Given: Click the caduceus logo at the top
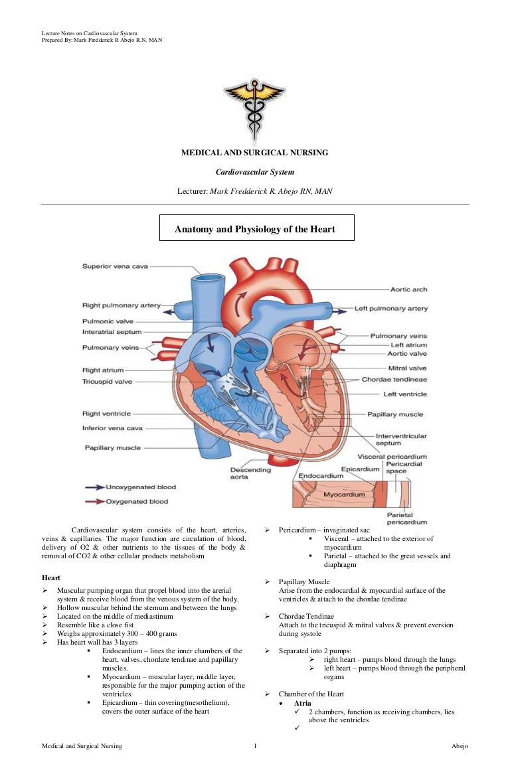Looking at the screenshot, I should click(254, 108).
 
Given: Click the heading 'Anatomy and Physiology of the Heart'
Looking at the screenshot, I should click(256, 230).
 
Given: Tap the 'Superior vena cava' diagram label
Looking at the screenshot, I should click(115, 267).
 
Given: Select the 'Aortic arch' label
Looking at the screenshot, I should click(408, 289).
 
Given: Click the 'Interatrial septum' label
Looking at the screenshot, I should click(112, 332).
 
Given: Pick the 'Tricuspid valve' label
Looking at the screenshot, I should click(107, 382).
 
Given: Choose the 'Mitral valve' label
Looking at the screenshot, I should click(407, 368).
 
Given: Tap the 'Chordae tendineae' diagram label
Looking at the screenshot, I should click(394, 380).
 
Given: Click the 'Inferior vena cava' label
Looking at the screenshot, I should click(112, 429).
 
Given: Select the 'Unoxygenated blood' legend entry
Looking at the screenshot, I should click(141, 487).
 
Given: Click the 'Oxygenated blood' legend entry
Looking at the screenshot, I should click(137, 501).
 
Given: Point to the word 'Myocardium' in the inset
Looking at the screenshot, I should click(343, 495).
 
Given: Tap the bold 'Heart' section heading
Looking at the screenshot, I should click(51, 578).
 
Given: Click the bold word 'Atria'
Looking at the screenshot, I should click(303, 702).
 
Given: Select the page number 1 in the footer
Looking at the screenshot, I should click(255, 746).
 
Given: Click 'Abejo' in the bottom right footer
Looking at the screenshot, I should click(459, 746).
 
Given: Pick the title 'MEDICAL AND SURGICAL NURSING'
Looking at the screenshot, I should click(255, 153).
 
